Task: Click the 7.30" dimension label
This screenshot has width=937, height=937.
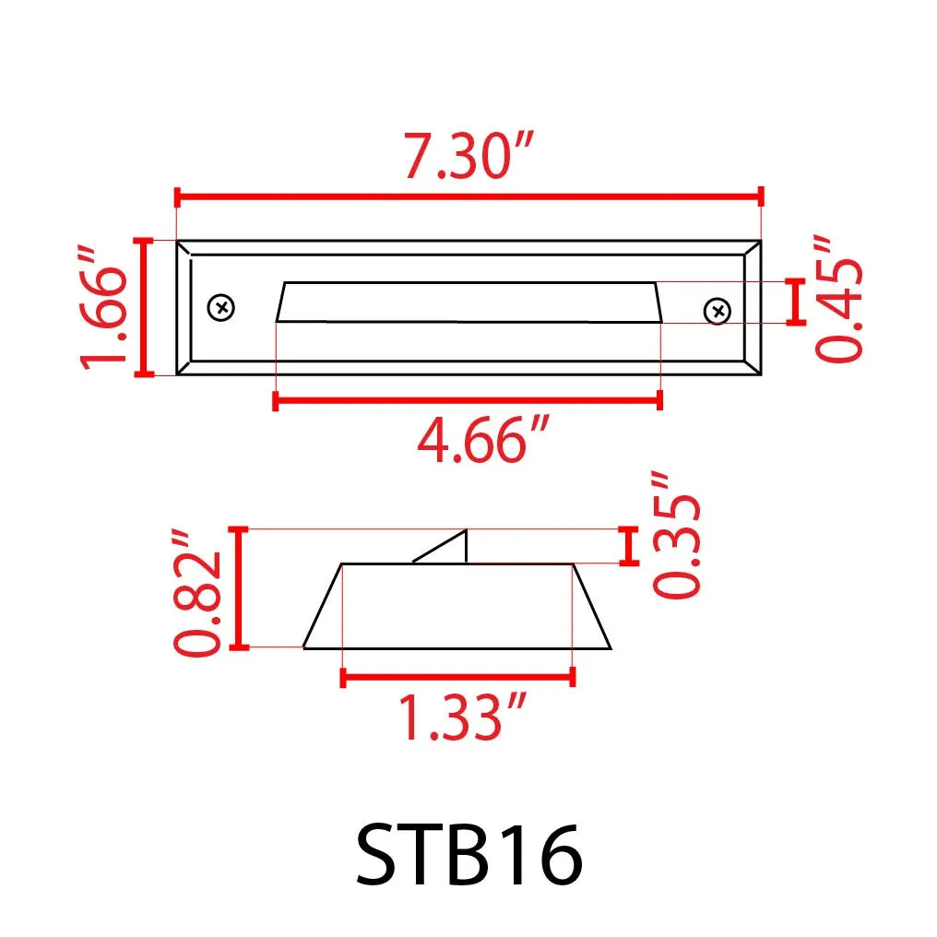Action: (468, 157)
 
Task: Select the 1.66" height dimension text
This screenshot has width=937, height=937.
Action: (102, 307)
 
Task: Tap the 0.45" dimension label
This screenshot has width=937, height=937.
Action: (839, 298)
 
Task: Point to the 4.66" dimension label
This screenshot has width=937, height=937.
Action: (483, 442)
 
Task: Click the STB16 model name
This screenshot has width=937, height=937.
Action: (468, 855)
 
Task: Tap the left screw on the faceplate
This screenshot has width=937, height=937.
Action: (221, 307)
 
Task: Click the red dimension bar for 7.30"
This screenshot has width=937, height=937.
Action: (468, 196)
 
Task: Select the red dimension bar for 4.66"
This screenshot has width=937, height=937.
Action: (468, 399)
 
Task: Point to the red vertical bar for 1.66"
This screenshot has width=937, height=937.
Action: (144, 307)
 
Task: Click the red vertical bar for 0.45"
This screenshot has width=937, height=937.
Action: (796, 302)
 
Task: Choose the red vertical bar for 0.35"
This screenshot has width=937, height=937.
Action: (630, 545)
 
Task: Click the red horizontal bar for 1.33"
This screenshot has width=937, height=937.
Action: (457, 678)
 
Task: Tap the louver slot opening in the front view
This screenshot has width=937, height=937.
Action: (468, 302)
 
